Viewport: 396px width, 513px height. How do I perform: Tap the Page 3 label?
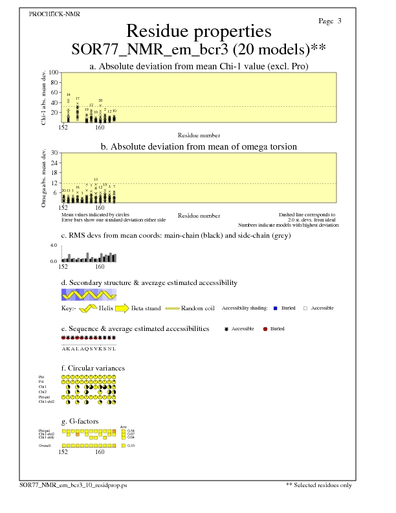pyautogui.click(x=330, y=21)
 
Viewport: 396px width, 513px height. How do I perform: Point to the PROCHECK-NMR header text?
pyautogui.click(x=54, y=14)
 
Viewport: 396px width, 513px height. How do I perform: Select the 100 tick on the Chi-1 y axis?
pyautogui.click(x=54, y=73)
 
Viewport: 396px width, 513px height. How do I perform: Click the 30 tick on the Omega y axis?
pyautogui.click(x=55, y=153)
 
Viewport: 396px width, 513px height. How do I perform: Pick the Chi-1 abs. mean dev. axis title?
pyautogui.click(x=43, y=97)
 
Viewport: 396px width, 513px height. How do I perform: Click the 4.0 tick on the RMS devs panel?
pyautogui.click(x=54, y=246)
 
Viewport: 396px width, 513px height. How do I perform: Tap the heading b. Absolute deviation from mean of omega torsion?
pyautogui.click(x=198, y=147)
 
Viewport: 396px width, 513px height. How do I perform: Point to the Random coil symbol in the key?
pyautogui.click(x=173, y=308)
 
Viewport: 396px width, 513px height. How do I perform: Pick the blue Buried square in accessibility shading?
pyautogui.click(x=275, y=308)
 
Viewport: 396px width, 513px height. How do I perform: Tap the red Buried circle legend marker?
pyautogui.click(x=265, y=329)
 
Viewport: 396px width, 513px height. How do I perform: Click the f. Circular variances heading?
pyautogui.click(x=93, y=368)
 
